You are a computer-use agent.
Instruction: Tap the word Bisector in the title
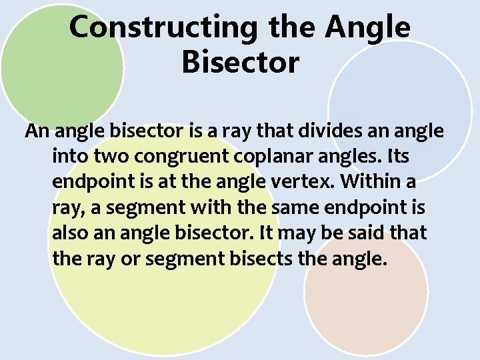pyautogui.click(x=240, y=63)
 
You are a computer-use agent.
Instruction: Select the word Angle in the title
pyautogui.click(x=369, y=28)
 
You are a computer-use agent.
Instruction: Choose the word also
pyautogui.click(x=68, y=233)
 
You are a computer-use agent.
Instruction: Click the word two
pyautogui.click(x=111, y=157)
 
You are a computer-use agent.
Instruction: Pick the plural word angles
pyautogui.click(x=351, y=158)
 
